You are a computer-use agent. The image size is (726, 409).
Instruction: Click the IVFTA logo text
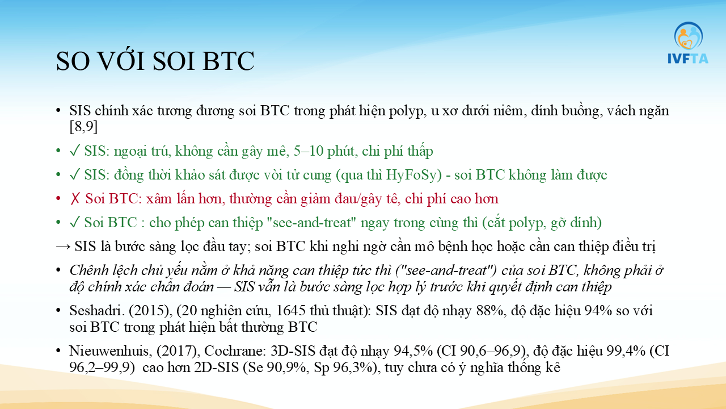coord(688,59)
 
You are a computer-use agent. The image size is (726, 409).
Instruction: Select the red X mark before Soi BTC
coord(75,199)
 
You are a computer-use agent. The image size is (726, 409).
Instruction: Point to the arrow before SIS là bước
coord(63,247)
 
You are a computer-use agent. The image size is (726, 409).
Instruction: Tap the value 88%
coord(491,311)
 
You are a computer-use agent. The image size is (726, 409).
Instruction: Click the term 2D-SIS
coord(217,368)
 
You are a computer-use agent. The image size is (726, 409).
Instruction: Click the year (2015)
coord(150,311)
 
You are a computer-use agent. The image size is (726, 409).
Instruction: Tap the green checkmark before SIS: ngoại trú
coord(74,151)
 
